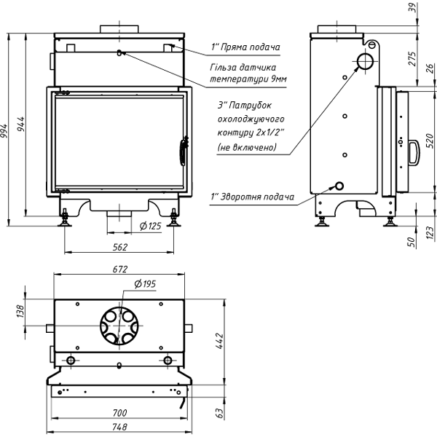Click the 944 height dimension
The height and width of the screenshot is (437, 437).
click(x=23, y=125)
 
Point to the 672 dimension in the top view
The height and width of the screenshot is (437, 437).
click(x=120, y=269)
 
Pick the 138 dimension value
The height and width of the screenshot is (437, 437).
click(x=20, y=312)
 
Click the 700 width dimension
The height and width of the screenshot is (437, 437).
click(x=120, y=413)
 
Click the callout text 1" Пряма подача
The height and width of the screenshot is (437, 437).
click(x=245, y=47)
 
